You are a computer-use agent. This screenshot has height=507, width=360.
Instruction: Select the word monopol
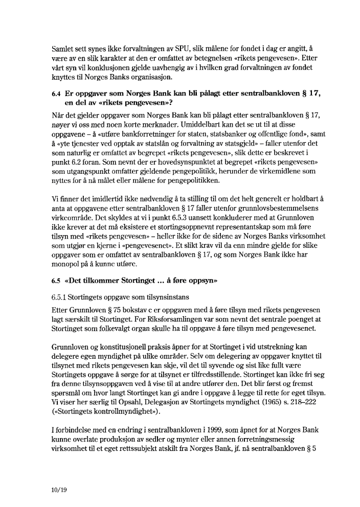click(x=69, y=264)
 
